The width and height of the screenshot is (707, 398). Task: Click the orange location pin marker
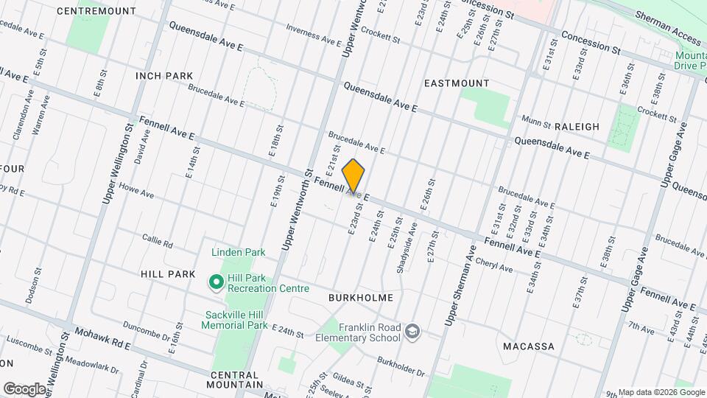(x=354, y=176)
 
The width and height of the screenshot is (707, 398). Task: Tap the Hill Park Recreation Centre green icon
(x=217, y=282)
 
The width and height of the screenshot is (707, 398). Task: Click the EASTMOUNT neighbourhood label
(x=457, y=84)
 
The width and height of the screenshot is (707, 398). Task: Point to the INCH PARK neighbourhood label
(x=163, y=76)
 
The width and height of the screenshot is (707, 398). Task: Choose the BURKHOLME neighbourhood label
(x=361, y=298)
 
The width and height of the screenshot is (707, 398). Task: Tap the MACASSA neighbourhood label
(x=528, y=346)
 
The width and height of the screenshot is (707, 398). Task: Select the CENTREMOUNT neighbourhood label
(x=106, y=11)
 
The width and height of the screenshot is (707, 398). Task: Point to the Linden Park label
(x=238, y=252)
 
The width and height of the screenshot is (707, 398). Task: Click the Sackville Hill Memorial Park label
(x=236, y=319)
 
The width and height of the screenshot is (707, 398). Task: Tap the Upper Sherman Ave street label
(x=460, y=284)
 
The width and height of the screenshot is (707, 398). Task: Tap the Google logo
(x=24, y=388)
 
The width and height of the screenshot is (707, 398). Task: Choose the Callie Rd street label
(x=158, y=242)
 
